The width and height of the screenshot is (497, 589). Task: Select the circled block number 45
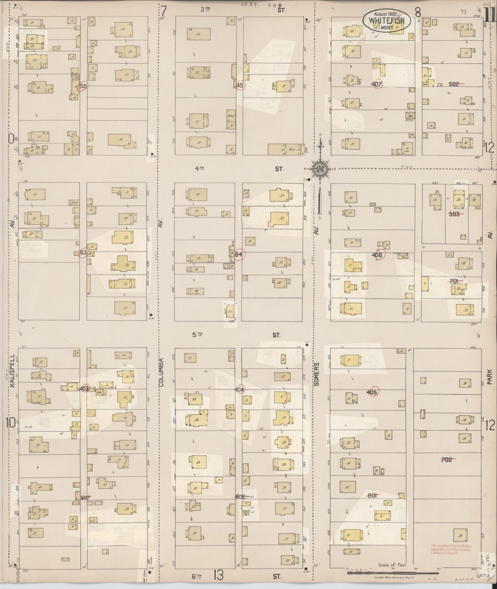[240, 85]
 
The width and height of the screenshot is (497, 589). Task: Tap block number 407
[377, 84]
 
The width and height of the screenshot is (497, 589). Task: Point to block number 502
[454, 84]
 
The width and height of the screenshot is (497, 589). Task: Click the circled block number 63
[83, 253]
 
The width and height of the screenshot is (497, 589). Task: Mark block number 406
[377, 255]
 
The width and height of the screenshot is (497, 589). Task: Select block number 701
[454, 281]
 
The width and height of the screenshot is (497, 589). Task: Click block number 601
[372, 495]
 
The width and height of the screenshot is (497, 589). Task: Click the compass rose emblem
[320, 169]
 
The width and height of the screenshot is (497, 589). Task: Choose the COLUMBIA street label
[161, 373]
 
